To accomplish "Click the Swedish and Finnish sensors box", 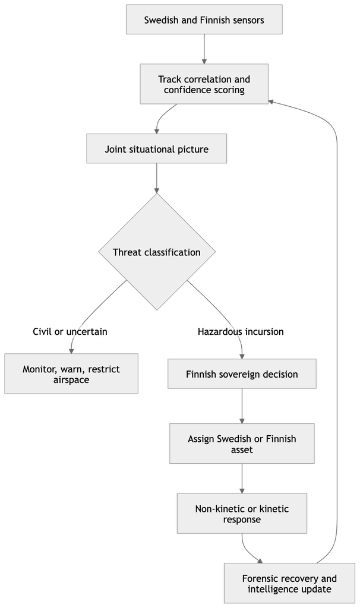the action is (x=204, y=20).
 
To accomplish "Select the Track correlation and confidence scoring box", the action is (x=204, y=84).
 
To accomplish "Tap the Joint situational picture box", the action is (x=156, y=148).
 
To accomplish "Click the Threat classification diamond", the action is (x=157, y=252).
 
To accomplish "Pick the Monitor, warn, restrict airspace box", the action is (x=71, y=374).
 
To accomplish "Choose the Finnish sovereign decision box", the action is (x=242, y=374).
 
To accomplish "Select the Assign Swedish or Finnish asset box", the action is (x=242, y=444).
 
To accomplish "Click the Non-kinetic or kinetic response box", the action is (x=242, y=514).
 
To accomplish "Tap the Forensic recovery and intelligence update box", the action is (x=289, y=583).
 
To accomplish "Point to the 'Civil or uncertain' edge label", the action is (x=70, y=331).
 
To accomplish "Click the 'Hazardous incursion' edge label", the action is (x=241, y=331).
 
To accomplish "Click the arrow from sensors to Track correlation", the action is (x=204, y=49).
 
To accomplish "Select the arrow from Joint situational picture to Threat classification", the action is (x=157, y=178).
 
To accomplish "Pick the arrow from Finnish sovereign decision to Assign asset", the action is (x=242, y=406).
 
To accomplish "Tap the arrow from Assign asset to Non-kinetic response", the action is (x=242, y=478).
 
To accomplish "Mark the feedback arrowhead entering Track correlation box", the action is (x=271, y=101).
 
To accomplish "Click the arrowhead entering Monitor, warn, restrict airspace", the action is (x=71, y=351).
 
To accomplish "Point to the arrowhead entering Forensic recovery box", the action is (x=260, y=561).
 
